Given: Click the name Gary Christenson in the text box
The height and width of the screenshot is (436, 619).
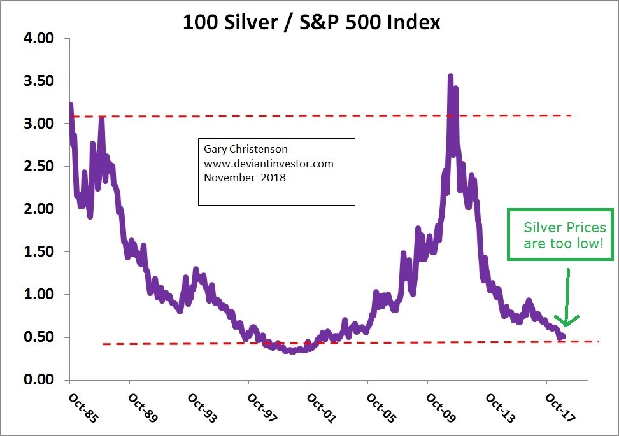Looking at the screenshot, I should click(x=246, y=150).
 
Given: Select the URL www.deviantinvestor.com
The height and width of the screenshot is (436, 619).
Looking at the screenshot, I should click(x=269, y=164).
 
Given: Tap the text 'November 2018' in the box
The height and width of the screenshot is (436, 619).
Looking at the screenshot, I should click(x=245, y=178).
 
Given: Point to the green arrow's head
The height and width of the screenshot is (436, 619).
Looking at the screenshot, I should click(x=566, y=321).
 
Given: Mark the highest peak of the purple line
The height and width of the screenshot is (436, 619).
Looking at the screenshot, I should click(x=450, y=76).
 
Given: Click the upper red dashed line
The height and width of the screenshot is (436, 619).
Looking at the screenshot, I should click(x=318, y=116).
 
